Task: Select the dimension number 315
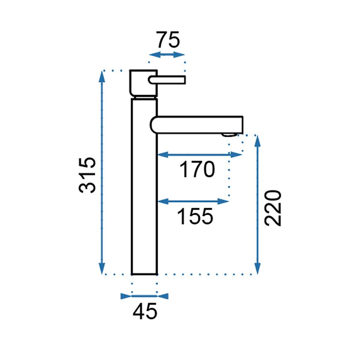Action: (x=87, y=175)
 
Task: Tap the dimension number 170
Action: (x=197, y=169)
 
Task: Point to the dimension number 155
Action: (x=195, y=216)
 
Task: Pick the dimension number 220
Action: (x=273, y=208)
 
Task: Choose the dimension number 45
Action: (x=145, y=311)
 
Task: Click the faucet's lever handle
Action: (x=167, y=80)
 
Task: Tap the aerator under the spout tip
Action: (x=229, y=135)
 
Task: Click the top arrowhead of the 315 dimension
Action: (x=102, y=77)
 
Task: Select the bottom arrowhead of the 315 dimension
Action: (x=102, y=269)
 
